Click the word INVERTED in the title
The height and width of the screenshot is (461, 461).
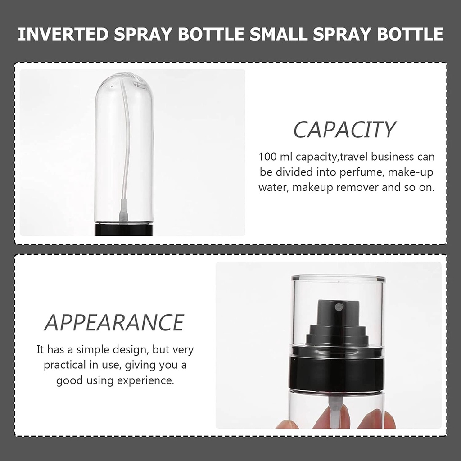pos(63,34)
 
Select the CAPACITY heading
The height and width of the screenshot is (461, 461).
pos(344,130)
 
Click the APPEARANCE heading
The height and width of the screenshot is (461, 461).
pos(114,322)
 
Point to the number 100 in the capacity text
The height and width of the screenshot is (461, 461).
pos(267,157)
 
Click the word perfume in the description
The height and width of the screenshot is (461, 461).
pos(362,172)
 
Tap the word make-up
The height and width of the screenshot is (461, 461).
pos(411,172)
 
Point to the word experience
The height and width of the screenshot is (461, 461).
pos(145,381)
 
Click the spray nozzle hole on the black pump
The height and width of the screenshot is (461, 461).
pos(337,307)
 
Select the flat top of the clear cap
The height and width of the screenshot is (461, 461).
pos(338,277)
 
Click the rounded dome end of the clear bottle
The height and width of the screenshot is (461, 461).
pos(124,85)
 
